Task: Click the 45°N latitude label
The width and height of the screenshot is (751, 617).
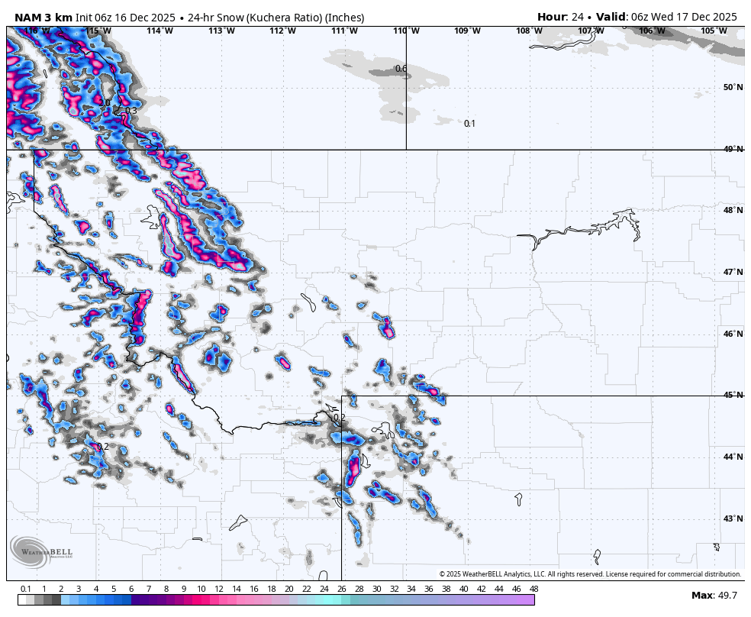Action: point(733,396)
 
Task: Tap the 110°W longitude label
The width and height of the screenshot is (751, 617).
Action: point(405,31)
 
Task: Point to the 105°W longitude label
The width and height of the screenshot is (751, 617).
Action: point(714,31)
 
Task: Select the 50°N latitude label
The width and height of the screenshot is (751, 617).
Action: point(733,88)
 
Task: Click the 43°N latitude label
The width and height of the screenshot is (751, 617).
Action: point(733,519)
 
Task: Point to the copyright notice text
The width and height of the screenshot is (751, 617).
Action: point(590,574)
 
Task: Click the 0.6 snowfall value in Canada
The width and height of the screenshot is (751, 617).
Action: point(401,69)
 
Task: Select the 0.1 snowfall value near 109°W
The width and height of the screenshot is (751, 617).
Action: point(469,124)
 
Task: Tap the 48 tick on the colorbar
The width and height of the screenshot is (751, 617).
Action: point(533,589)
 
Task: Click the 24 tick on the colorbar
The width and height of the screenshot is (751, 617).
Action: point(324,589)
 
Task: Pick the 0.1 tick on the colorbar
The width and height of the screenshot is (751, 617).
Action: point(26,589)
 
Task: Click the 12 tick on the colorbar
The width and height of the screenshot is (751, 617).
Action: point(219,589)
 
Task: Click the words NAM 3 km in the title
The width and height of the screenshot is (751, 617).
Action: point(44,18)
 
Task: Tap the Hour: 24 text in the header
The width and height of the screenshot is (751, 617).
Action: point(560,17)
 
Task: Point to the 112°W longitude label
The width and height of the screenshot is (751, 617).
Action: point(282,31)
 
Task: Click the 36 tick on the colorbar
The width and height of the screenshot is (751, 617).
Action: point(429,589)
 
